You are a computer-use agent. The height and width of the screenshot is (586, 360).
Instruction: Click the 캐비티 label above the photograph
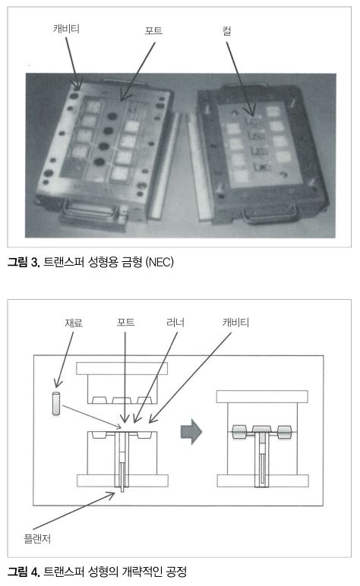coord(66,29)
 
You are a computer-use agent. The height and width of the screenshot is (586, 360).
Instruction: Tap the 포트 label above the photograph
coord(153,30)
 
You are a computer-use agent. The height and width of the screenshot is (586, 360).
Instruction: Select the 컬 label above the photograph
coord(226,30)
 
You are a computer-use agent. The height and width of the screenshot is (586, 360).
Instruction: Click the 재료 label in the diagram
coord(74,323)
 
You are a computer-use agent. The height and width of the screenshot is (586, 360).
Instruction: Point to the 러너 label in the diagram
coord(175,322)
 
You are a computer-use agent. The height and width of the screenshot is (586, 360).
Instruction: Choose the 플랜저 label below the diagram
coord(37,538)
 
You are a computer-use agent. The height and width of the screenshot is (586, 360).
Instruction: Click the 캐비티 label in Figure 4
coord(235,322)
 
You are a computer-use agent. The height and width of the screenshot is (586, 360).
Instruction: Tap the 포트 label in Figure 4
coord(125,322)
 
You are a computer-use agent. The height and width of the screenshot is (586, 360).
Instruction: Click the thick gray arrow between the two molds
coord(191,432)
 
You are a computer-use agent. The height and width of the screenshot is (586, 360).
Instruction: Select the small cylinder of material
coord(56,403)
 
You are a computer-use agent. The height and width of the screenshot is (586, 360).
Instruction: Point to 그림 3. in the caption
coord(24,262)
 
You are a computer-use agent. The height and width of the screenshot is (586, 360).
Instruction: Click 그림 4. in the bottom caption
coord(24,572)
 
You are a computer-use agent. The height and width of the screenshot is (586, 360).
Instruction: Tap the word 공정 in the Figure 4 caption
coord(176,572)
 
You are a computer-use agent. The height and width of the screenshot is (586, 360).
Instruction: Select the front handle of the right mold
coord(270,214)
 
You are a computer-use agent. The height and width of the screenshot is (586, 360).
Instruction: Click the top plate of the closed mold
coord(262,396)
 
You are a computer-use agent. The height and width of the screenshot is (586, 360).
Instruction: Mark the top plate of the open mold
coord(122,368)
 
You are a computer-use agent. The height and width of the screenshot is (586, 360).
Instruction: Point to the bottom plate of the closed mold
coord(263,481)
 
